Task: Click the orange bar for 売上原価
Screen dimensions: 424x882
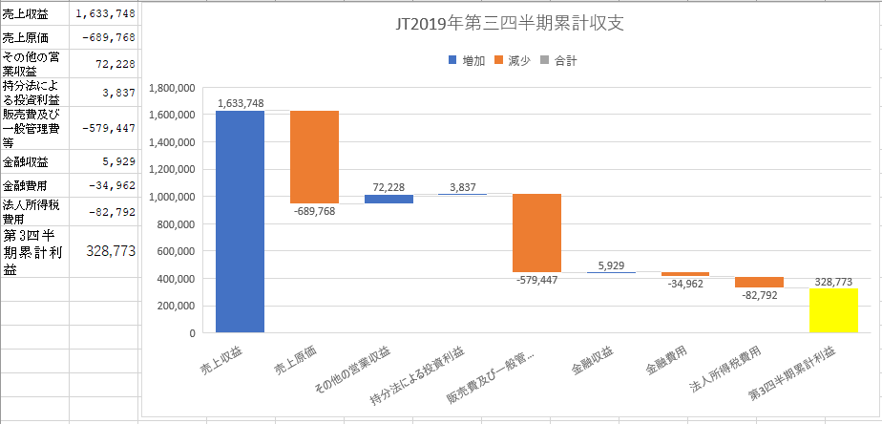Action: click(314, 157)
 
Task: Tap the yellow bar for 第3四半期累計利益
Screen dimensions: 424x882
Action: click(833, 309)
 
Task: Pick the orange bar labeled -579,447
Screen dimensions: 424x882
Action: click(536, 233)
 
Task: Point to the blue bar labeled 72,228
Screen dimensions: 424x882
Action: click(388, 199)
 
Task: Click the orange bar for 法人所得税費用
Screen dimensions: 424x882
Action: click(759, 282)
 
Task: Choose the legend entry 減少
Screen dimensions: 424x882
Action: click(517, 60)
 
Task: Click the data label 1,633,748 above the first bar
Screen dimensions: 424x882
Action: click(241, 102)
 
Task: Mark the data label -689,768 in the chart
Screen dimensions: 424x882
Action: click(314, 213)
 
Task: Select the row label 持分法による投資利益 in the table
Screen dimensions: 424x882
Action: click(31, 93)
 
